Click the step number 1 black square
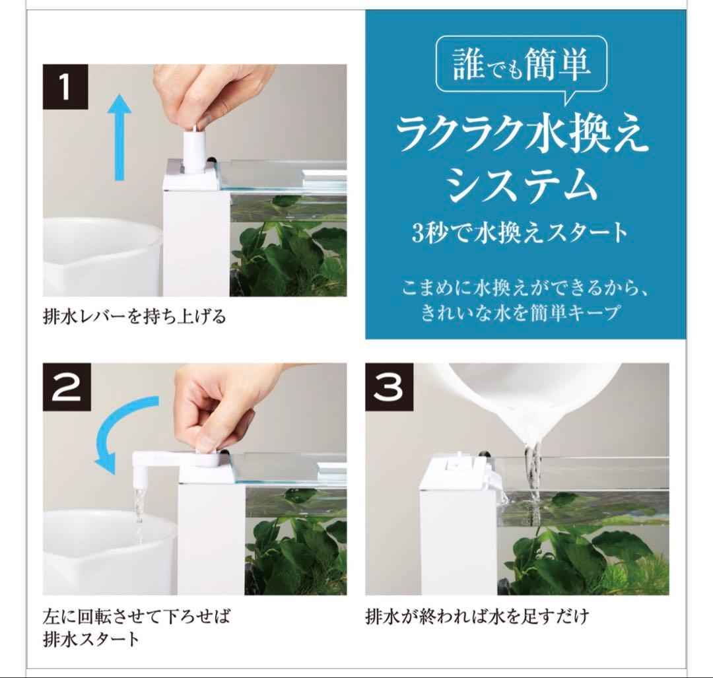pyautogui.click(x=65, y=87)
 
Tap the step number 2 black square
pyautogui.click(x=67, y=386)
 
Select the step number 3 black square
pyautogui.click(x=390, y=386)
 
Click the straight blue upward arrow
pyautogui.click(x=119, y=137)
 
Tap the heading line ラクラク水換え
pyautogui.click(x=522, y=135)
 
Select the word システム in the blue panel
pyautogui.click(x=522, y=184)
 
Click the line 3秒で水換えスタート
pyautogui.click(x=520, y=233)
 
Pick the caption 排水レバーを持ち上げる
pyautogui.click(x=135, y=316)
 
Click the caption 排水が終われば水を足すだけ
pyautogui.click(x=477, y=617)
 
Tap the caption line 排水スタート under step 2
pyautogui.click(x=91, y=639)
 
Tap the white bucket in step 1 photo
pyautogui.click(x=103, y=257)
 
